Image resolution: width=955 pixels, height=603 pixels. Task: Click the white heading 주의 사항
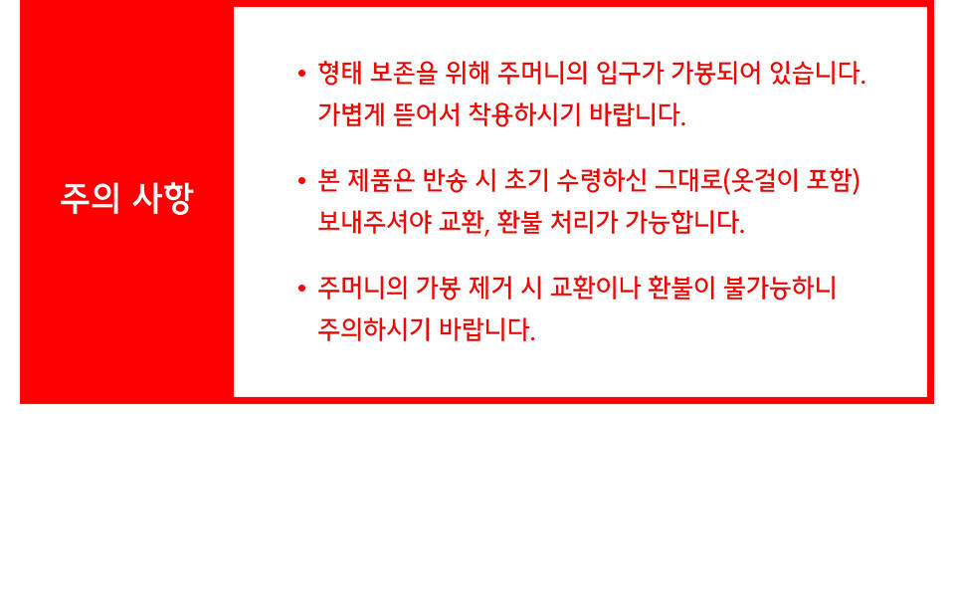126,198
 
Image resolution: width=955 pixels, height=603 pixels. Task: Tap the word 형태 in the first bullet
338,73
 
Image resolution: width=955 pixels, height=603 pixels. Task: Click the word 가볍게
351,114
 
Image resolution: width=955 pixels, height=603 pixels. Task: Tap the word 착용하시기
524,114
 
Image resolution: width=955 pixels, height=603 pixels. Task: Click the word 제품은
381,181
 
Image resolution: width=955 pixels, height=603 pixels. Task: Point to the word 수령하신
601,181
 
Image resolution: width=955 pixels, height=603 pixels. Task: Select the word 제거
489,289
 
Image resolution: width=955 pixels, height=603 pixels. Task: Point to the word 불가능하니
780,289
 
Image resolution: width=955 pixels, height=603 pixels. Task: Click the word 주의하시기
374,329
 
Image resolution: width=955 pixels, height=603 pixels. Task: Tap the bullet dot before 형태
302,75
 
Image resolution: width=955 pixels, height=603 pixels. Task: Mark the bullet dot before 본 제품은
302,181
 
